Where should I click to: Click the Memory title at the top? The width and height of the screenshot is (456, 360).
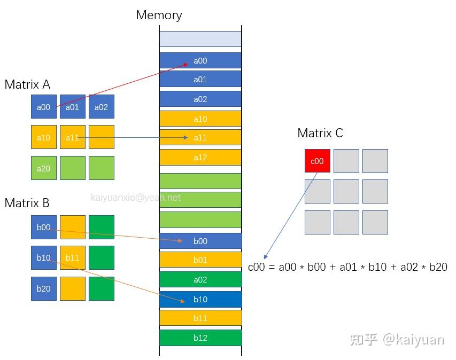159,15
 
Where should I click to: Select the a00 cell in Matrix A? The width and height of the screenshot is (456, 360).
43,107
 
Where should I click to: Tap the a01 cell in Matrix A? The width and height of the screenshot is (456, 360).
72,107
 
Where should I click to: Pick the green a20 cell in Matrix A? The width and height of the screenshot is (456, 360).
43,168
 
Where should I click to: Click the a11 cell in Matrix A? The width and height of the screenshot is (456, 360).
72,137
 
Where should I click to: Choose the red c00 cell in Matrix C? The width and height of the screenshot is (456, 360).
318,161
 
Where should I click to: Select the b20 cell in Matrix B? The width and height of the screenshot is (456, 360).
43,288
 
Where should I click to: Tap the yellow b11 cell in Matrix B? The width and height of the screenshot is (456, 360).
72,257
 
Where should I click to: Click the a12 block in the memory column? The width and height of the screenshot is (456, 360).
200,158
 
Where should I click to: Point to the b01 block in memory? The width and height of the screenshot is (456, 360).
200,260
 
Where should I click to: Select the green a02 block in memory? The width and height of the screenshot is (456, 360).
200,279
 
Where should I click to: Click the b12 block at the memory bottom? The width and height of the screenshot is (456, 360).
200,338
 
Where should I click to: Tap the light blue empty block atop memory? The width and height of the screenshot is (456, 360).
200,39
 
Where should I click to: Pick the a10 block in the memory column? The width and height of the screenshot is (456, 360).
200,119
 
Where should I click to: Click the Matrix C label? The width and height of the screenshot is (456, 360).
320,133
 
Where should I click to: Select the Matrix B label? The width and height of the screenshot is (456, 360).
27,203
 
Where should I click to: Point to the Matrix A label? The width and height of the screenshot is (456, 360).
27,84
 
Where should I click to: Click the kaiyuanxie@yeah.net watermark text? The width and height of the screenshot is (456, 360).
136,198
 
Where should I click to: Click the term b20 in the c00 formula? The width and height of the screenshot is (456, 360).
438,267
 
